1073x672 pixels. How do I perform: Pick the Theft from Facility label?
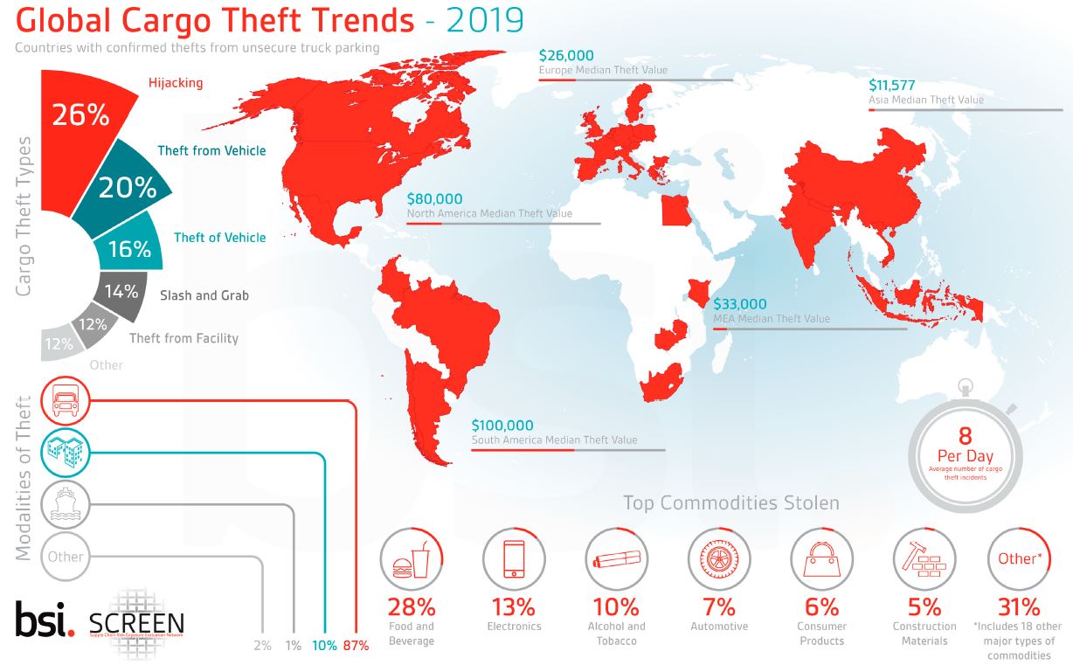[x=183, y=338]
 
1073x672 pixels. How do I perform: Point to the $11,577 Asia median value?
[x=896, y=86]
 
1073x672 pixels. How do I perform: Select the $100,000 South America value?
[x=502, y=426]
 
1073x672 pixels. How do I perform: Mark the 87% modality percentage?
[x=357, y=645]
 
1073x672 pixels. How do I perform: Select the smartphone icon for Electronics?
[x=514, y=559]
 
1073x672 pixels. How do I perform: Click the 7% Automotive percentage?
[x=719, y=606]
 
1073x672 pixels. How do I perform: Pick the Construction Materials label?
[x=924, y=633]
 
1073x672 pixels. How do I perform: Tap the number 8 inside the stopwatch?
[x=965, y=434]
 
